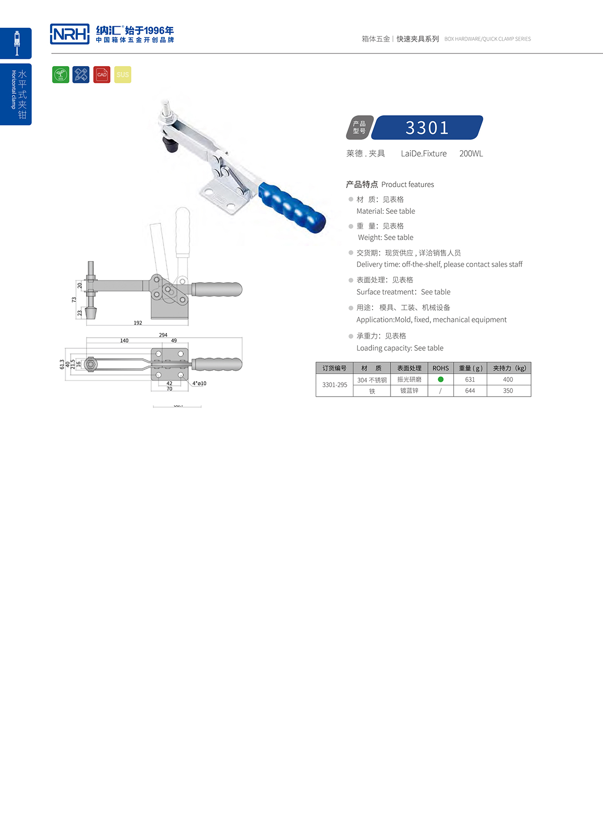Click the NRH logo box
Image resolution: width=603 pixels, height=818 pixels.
click(70, 34)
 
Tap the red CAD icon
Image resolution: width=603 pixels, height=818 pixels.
click(102, 74)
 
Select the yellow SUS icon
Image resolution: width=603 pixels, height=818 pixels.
click(123, 74)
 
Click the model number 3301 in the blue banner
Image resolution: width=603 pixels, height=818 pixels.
click(427, 128)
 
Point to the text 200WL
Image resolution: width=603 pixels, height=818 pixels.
click(471, 154)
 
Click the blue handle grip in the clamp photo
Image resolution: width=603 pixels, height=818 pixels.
click(292, 208)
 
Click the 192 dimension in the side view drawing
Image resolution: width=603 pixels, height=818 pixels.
click(138, 323)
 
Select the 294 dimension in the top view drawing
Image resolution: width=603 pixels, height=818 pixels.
click(163, 335)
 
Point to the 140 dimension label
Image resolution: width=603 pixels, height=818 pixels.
click(124, 341)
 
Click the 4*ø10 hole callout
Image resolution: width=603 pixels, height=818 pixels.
click(199, 383)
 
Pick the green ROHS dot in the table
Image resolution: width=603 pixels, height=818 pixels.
click(441, 379)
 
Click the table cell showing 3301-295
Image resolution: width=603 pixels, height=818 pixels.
click(335, 385)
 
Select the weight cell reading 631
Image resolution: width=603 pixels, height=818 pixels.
click(470, 380)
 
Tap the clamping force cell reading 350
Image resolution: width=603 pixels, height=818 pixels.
click(508, 391)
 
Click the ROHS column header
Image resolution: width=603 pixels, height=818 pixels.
click(441, 368)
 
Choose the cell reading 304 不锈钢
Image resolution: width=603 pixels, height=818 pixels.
click(372, 380)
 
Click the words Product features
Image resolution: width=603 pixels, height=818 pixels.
click(408, 185)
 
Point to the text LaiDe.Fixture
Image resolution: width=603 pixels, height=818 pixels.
click(424, 154)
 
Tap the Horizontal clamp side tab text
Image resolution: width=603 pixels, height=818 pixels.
click(14, 89)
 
